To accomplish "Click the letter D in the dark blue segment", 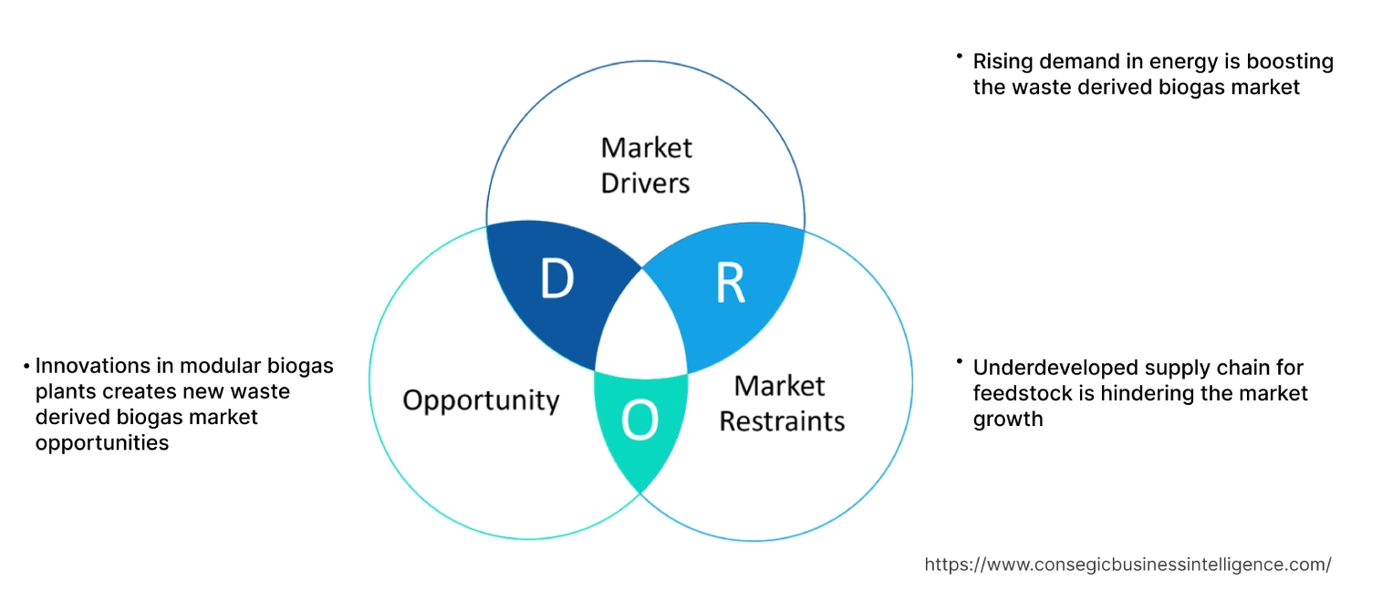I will [x=556, y=280].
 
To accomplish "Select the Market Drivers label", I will [x=646, y=165].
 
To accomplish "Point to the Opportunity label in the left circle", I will [x=481, y=400].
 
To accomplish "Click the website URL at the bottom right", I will [x=1127, y=565].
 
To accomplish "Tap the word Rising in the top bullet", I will [x=1002, y=62].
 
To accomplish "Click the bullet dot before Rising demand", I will [x=960, y=57].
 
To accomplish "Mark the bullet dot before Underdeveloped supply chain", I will [x=960, y=363].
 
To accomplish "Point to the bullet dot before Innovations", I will [x=27, y=367].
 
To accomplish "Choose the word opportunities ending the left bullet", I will [x=102, y=442].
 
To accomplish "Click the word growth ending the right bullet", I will [x=1008, y=420].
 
